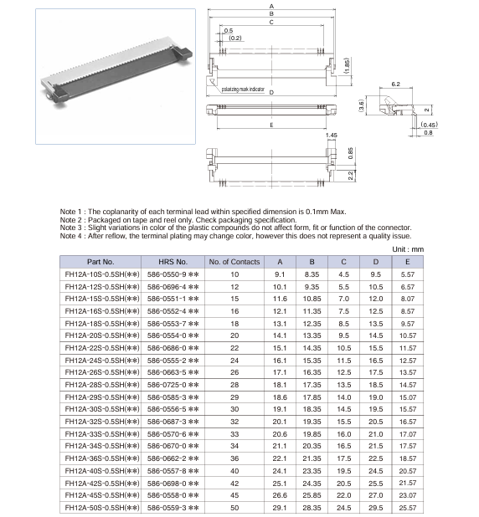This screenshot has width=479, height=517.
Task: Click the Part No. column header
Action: [100, 261]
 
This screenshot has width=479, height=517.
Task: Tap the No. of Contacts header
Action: [234, 261]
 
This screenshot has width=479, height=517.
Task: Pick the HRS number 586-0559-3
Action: [172, 507]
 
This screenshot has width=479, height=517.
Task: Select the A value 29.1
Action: [279, 507]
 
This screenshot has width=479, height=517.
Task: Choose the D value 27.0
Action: [375, 494]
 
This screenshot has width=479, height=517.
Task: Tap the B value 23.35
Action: [312, 470]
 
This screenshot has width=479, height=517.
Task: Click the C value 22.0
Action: [343, 494]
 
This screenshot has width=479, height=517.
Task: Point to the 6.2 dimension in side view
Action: [396, 84]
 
